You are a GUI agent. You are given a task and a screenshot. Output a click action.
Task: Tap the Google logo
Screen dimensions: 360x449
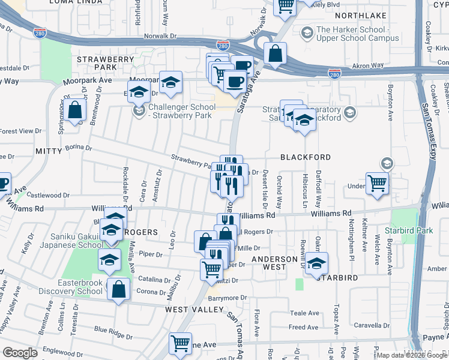20,353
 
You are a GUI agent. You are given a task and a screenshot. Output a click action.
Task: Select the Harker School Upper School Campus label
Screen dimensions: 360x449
357,34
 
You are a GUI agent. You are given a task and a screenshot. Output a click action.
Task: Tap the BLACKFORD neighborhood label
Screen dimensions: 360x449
305,157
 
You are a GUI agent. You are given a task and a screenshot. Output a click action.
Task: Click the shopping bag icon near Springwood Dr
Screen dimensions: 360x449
76,110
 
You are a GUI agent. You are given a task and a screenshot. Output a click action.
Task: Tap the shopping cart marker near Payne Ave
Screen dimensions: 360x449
180,344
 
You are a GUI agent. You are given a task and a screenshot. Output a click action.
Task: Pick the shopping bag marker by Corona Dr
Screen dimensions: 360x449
119,289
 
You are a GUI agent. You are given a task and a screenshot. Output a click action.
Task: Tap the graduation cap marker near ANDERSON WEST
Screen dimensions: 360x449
316,263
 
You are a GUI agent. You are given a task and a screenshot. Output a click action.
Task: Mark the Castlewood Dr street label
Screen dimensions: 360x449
48,195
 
